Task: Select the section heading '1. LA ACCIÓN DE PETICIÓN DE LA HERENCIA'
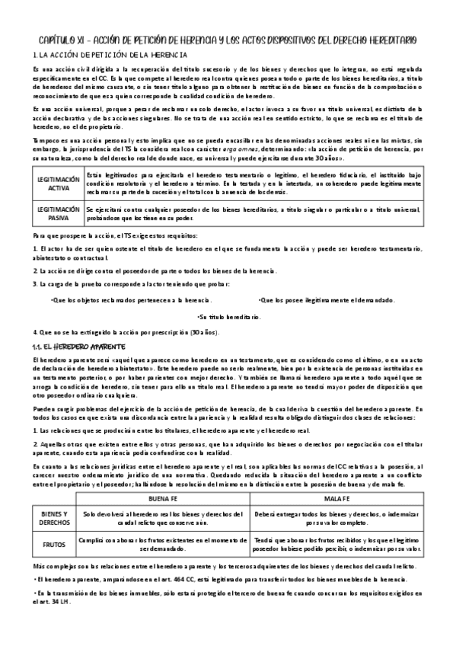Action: pyautogui.click(x=113, y=55)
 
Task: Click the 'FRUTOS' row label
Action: pyautogui.click(x=54, y=545)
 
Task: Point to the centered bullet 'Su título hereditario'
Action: pyautogui.click(x=228, y=316)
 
